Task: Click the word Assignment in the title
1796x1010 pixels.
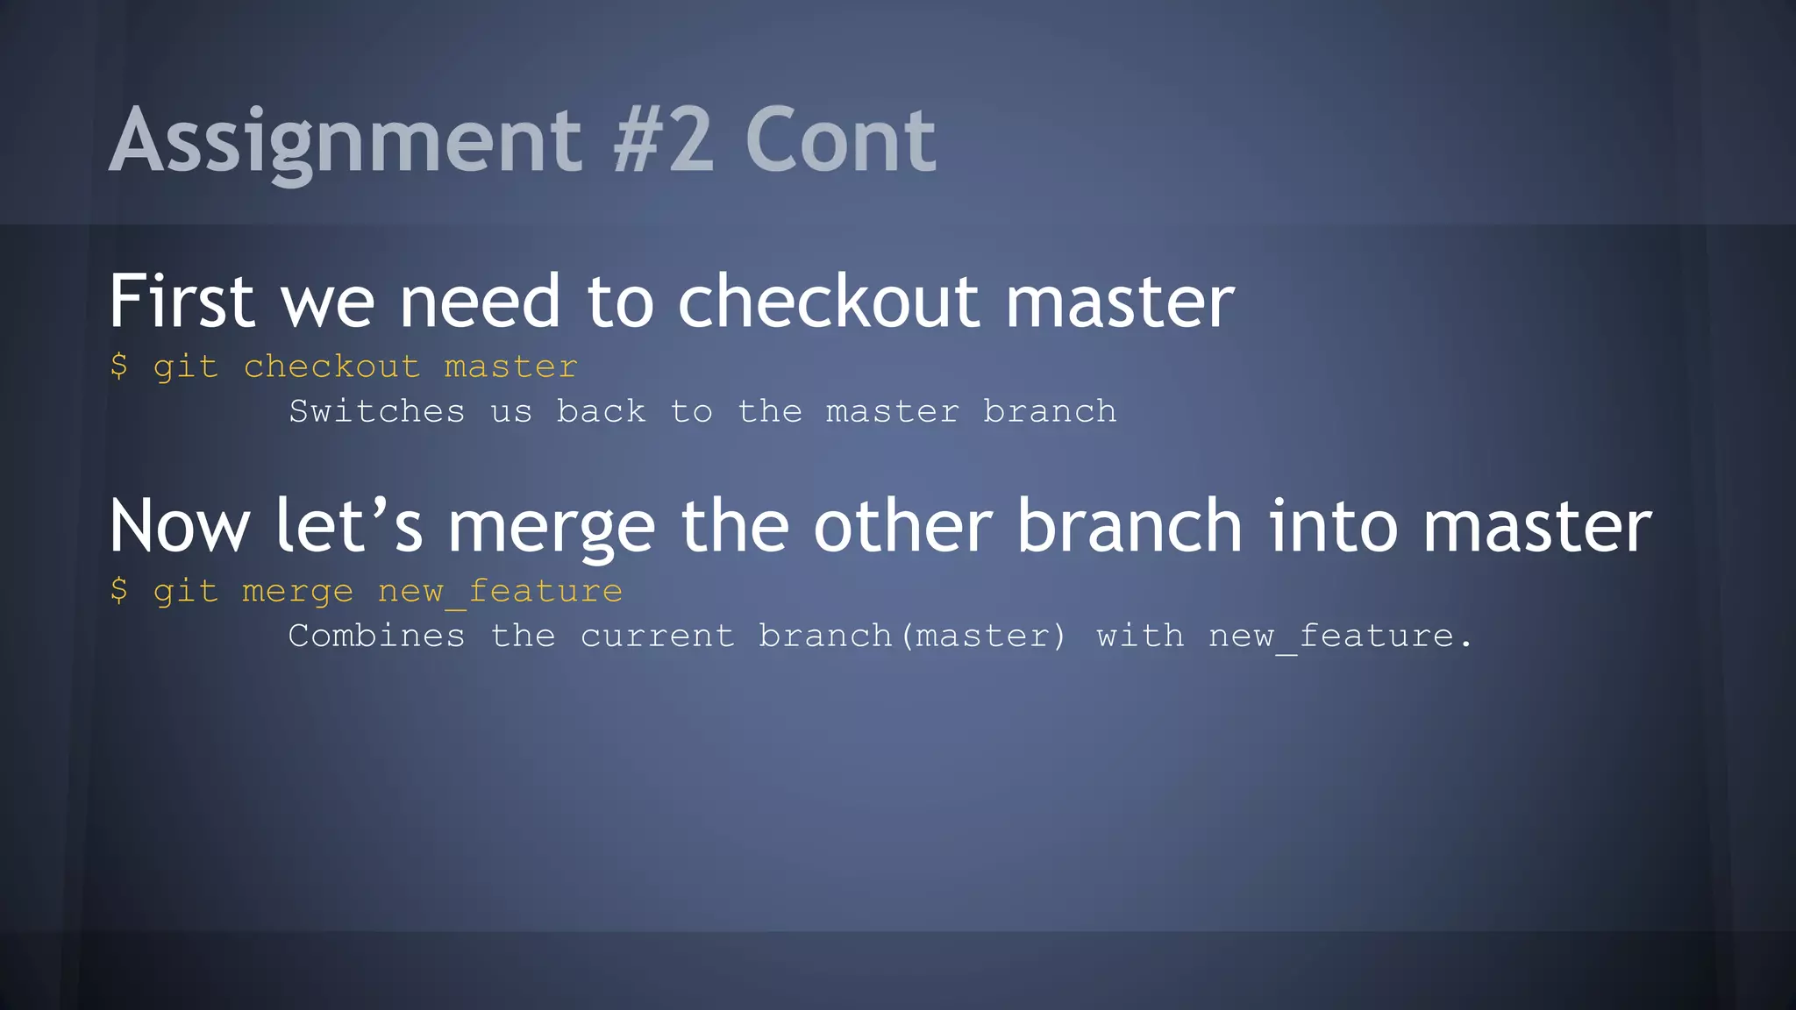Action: pyautogui.click(x=346, y=140)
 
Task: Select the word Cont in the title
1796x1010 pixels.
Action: pyautogui.click(x=840, y=140)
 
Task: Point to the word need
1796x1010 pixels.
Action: pyautogui.click(x=479, y=302)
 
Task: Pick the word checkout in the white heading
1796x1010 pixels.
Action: pyautogui.click(x=828, y=302)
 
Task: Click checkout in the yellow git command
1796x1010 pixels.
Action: pyautogui.click(x=331, y=366)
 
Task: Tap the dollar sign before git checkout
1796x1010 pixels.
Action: pyautogui.click(x=119, y=366)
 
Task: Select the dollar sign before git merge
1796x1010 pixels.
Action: pyautogui.click(x=119, y=590)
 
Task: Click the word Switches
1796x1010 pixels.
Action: pyautogui.click(x=377, y=411)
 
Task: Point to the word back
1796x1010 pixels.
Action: pyautogui.click(x=602, y=411)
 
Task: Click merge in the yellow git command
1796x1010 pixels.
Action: pyautogui.click(x=297, y=592)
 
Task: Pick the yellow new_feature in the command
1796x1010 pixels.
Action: pyautogui.click(x=500, y=592)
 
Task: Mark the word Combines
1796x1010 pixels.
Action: pyautogui.click(x=377, y=636)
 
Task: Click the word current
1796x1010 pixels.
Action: pyautogui.click(x=658, y=637)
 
